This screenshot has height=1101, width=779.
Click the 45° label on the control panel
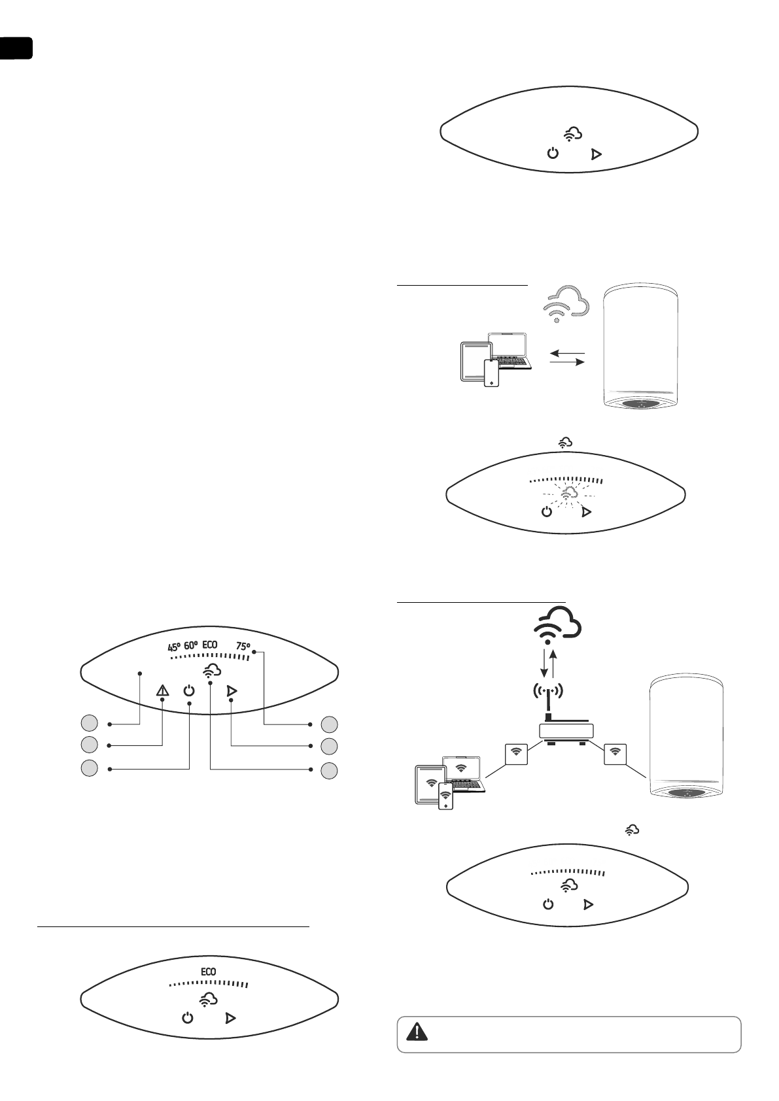173,647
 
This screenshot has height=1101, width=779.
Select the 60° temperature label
191,646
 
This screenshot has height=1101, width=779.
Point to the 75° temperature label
243,647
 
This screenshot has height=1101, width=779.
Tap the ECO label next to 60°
209,645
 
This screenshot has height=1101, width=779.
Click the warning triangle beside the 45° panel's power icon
162,691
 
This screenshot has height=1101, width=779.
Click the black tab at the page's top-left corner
16,48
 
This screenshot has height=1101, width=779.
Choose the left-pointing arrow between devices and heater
566,353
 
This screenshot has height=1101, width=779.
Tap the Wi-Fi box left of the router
516,753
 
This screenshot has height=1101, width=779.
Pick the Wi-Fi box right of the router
614,753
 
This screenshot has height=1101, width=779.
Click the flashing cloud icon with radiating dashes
566,493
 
